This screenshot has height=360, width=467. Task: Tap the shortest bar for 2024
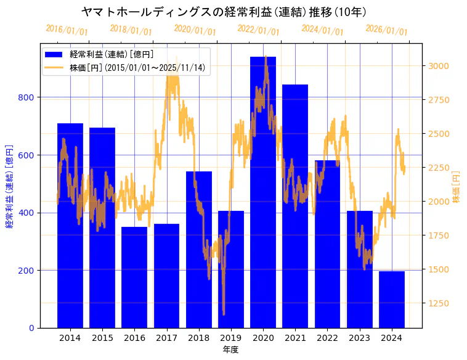pyautogui.click(x=392, y=300)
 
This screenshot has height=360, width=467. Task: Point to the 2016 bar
pyautogui.click(x=134, y=277)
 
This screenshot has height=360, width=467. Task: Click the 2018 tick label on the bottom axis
pyautogui.click(x=199, y=338)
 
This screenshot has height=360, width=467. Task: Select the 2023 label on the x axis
pyautogui.click(x=360, y=338)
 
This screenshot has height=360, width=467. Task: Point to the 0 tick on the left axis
pyautogui.click(x=31, y=328)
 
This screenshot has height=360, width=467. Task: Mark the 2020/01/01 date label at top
pyautogui.click(x=195, y=30)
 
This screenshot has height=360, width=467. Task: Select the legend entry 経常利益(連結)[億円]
pyautogui.click(x=112, y=55)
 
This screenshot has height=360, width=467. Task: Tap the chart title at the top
pyautogui.click(x=224, y=12)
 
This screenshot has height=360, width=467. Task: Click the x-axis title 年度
pyautogui.click(x=230, y=350)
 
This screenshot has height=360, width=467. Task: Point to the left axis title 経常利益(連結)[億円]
pyautogui.click(x=9, y=186)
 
